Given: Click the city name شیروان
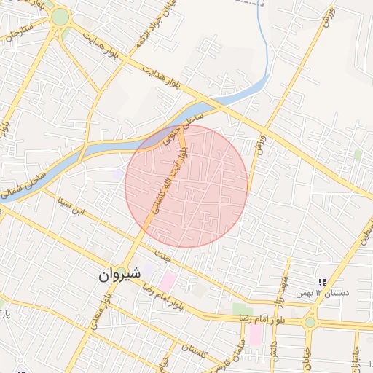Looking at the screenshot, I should pos(117,275).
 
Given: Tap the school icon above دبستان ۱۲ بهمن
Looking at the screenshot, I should pos(321,282).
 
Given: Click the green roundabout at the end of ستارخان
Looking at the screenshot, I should pos(60,17).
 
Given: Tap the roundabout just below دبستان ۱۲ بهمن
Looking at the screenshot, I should pos(310,322).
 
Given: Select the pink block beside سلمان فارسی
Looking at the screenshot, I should pos(255,335).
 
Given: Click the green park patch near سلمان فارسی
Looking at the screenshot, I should pos(243,310).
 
